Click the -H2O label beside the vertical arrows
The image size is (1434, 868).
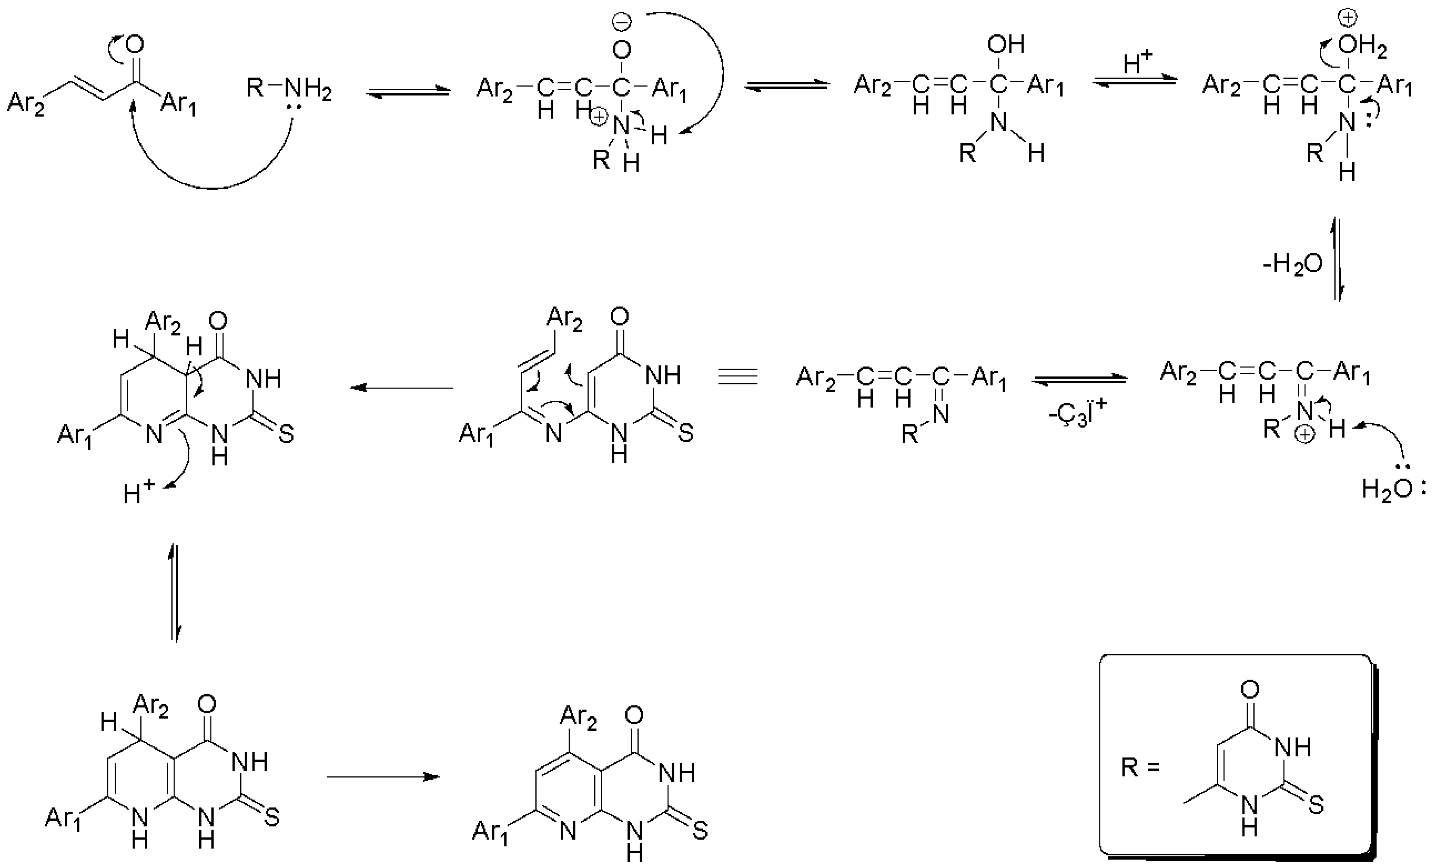pos(1292,265)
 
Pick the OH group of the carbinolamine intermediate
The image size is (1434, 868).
pos(1006,44)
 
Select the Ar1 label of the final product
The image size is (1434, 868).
pos(490,830)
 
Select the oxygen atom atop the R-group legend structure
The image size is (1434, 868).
pos(1249,689)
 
